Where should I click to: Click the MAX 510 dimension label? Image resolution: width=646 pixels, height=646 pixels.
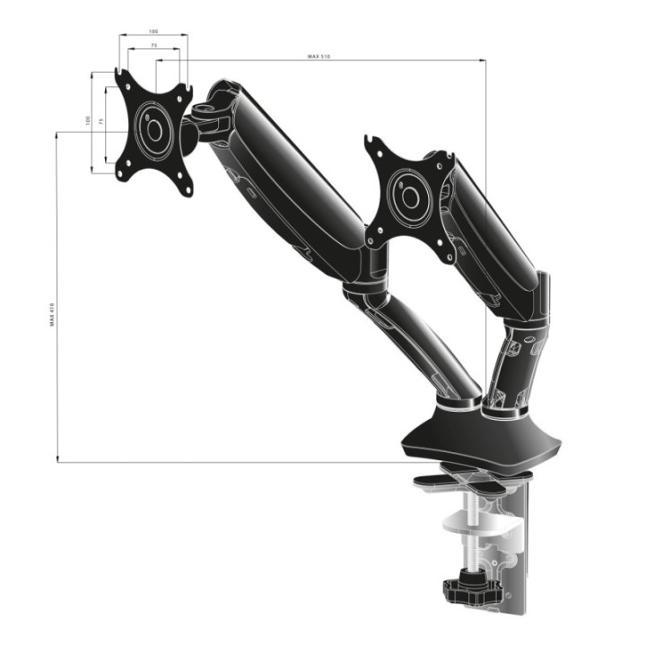point(319,57)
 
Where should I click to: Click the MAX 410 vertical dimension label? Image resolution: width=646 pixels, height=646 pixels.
point(53,313)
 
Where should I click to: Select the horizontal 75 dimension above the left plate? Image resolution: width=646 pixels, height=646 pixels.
point(153,45)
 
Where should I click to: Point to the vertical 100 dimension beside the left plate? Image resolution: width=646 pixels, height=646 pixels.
point(88,119)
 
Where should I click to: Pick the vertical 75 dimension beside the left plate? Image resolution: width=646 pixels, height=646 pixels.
point(101,119)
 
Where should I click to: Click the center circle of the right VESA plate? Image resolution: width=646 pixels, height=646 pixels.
point(411,196)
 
